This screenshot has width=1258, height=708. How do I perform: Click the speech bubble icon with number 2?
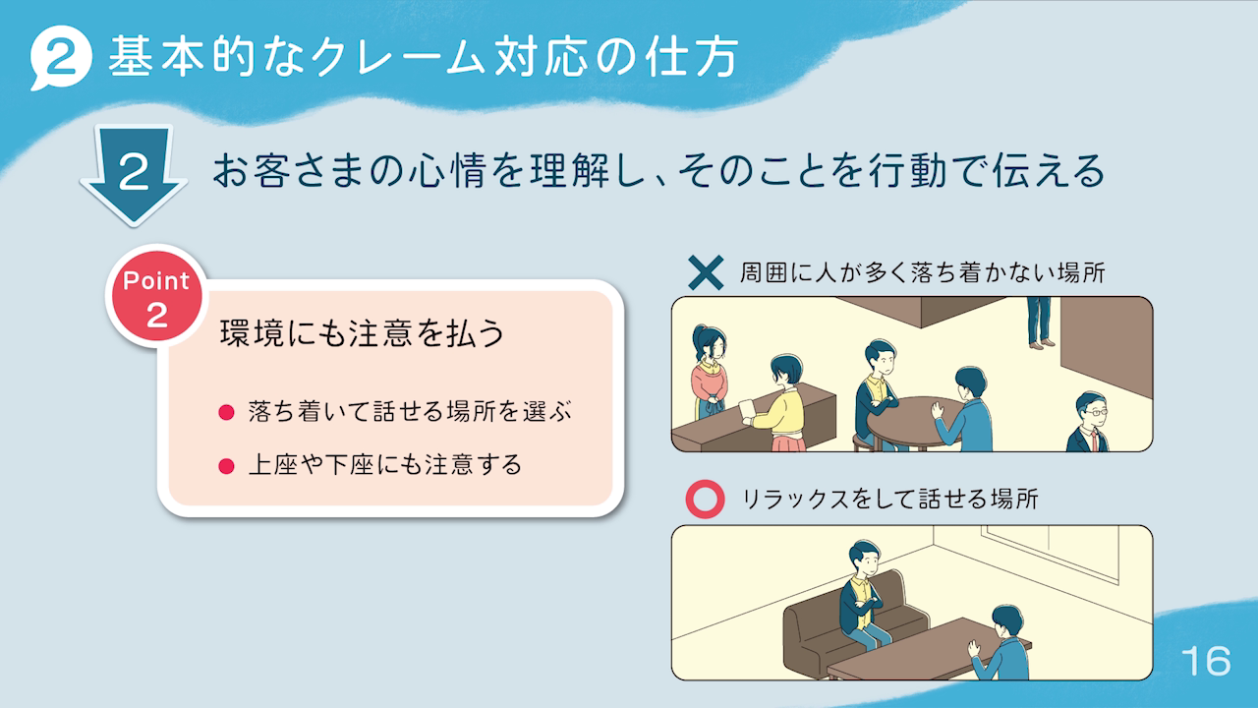[x=61, y=57]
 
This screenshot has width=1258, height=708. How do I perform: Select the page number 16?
[x=1206, y=661]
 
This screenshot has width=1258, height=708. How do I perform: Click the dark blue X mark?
[x=706, y=273]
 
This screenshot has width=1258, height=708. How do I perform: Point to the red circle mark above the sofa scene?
[x=705, y=499]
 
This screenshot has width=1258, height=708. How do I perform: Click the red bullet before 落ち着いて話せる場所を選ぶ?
[x=226, y=413]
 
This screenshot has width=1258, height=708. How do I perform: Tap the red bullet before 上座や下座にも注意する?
[x=226, y=466]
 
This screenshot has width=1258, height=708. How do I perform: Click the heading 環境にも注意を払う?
[x=363, y=333]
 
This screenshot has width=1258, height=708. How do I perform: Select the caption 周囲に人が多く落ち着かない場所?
[x=922, y=273]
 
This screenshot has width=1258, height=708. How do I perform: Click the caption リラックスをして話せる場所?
[x=890, y=499]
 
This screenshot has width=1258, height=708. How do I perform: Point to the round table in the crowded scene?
[x=909, y=423]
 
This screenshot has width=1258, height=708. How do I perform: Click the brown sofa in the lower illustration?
[x=847, y=628]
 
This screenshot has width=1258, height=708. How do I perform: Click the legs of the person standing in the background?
[x=1040, y=323]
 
